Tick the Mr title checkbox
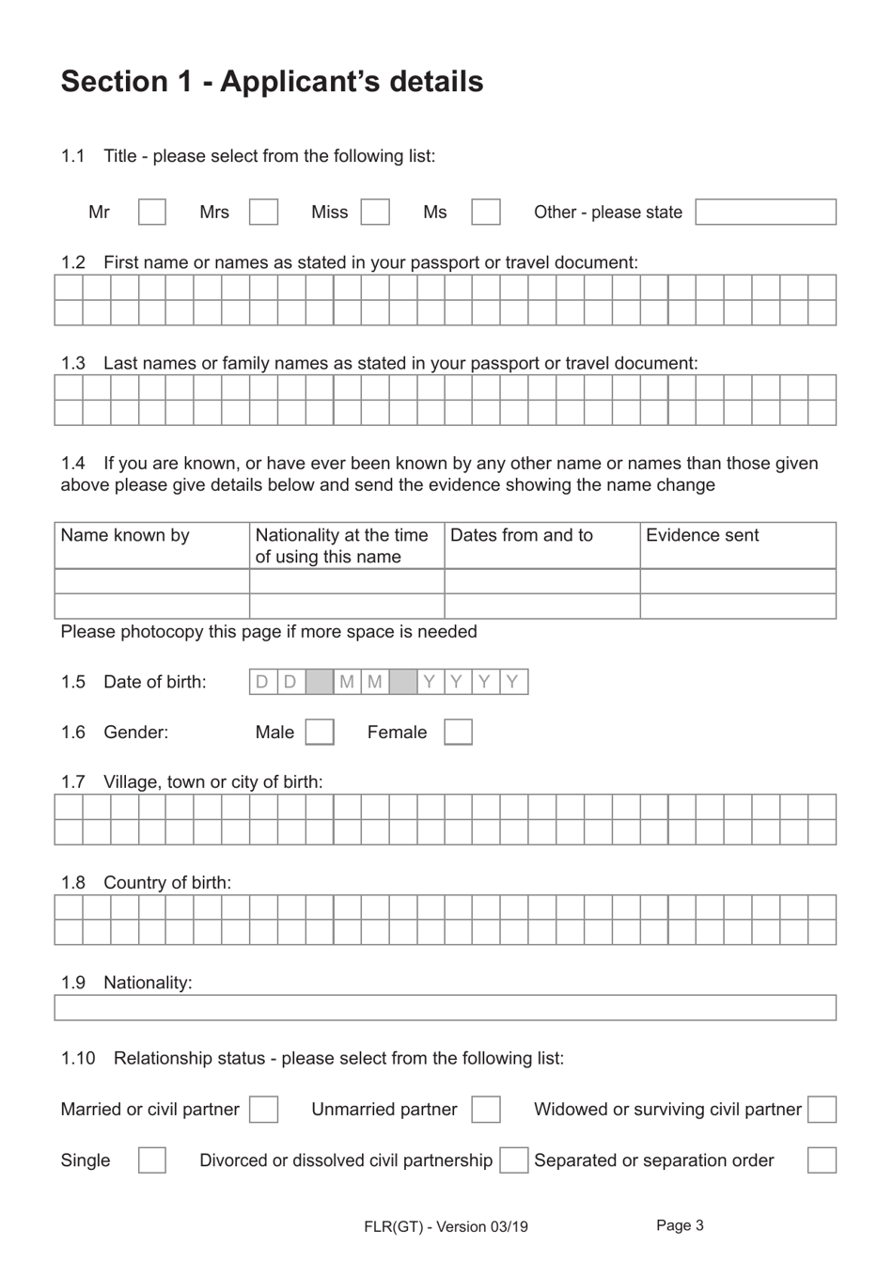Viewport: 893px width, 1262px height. coord(152,212)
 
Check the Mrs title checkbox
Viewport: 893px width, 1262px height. coord(263,212)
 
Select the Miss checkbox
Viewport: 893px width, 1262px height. coord(375,212)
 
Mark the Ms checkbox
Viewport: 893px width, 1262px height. coord(486,212)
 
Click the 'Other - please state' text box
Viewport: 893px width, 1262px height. coord(765,212)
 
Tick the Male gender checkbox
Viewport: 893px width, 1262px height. coord(320,732)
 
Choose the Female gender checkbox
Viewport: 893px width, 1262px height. coord(458,732)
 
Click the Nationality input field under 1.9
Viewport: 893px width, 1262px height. coord(445,1007)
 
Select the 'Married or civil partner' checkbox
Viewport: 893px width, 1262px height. coord(263,1110)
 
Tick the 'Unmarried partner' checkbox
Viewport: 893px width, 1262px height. coord(486,1110)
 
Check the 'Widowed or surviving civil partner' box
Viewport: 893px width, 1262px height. coord(822,1110)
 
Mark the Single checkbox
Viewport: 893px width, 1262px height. coord(152,1160)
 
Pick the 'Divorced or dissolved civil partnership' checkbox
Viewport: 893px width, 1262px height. coord(514,1160)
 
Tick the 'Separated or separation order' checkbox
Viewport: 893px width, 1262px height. coord(822,1160)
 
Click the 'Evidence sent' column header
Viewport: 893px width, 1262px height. coord(702,535)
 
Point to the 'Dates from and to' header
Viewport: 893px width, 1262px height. coord(522,535)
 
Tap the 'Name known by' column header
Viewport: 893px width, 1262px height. coord(125,535)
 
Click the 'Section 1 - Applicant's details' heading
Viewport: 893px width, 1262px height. coord(272,82)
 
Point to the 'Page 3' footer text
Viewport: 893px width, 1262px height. coord(680,1224)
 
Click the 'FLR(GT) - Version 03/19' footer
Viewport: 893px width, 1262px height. coord(446,1226)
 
